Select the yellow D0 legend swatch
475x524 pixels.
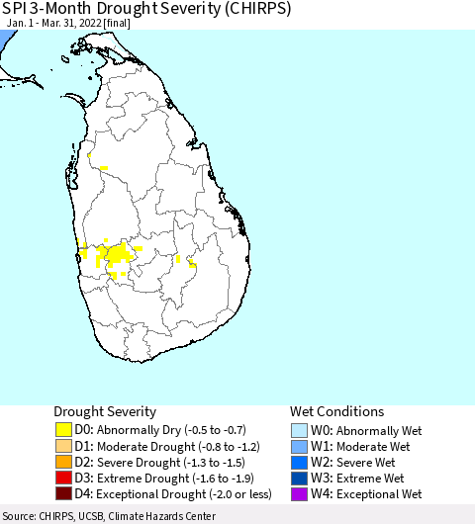(x=64, y=430)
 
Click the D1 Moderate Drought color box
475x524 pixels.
(x=64, y=446)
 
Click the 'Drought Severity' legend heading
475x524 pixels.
(x=105, y=411)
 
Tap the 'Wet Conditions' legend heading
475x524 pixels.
(x=336, y=411)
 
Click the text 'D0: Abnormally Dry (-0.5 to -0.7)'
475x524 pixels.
(x=161, y=430)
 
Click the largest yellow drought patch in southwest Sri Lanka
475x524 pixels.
(x=117, y=256)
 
